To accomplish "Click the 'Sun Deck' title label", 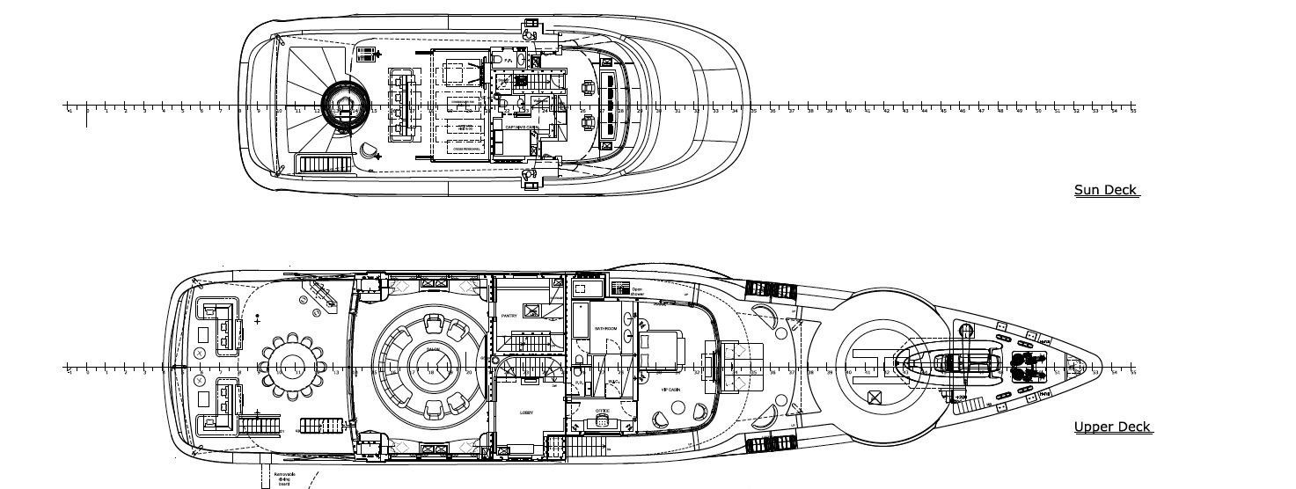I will pos(1106,190).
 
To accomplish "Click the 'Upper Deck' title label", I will pos(1112,427).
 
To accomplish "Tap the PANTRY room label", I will pos(509,315).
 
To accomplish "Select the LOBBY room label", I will pos(526,412).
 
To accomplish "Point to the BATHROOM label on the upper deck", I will pos(605,328).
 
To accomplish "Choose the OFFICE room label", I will pos(602,410).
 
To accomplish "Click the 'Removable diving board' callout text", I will pos(284,478).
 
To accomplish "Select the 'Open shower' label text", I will pos(637,291).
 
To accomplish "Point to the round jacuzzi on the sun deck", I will pos(342,105).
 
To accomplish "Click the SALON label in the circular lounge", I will pos(433,350).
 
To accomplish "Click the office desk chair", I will pos(603,421).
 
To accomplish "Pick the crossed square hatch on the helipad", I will pos(875,398).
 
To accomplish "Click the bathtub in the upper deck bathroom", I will pos(582,319).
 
